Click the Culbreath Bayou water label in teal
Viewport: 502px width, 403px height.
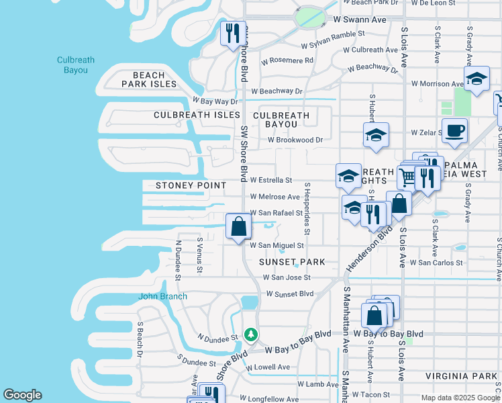click(75, 64)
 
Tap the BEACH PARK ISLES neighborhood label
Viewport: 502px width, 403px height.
click(149, 79)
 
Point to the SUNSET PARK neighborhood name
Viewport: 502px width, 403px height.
click(292, 262)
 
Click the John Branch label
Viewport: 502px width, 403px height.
click(162, 296)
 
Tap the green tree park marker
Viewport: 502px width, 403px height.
click(251, 334)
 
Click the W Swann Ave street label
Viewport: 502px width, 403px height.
click(360, 20)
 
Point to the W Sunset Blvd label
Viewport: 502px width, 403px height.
click(290, 294)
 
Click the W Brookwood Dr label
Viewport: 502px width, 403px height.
click(295, 140)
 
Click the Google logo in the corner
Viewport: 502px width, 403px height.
click(22, 395)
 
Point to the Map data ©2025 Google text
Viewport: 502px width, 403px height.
click(460, 398)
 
